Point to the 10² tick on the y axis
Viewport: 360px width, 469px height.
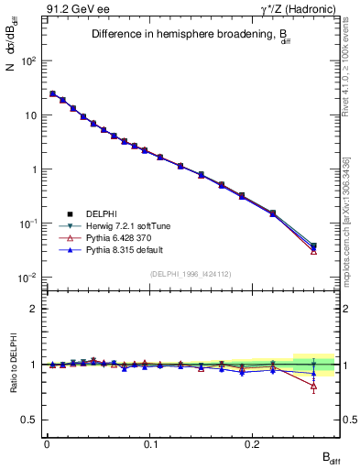(28, 61)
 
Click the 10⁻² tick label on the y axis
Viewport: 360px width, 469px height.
(28, 278)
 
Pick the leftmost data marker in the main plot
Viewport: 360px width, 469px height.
(52, 93)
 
